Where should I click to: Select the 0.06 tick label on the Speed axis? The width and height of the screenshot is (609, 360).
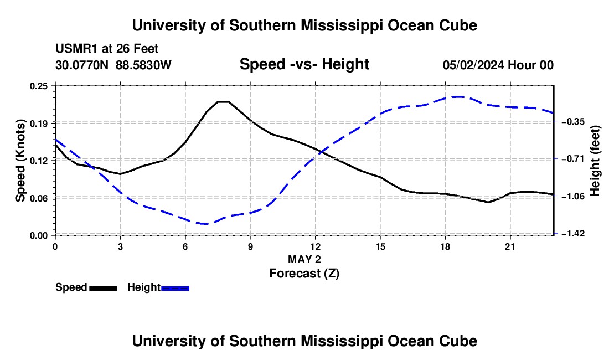(x=38, y=198)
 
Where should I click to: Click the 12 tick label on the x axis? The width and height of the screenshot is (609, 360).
(x=316, y=246)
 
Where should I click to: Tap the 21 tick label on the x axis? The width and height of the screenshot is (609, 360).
(x=510, y=246)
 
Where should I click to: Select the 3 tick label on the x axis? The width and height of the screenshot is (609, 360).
(x=120, y=246)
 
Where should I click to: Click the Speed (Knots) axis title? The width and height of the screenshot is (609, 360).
(x=20, y=161)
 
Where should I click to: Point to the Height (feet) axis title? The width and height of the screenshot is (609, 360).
(x=595, y=161)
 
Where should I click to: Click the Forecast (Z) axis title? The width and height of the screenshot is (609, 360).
(x=304, y=274)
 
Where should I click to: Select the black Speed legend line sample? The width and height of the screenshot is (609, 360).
(x=104, y=288)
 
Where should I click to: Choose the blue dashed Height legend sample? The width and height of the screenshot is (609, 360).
(x=175, y=288)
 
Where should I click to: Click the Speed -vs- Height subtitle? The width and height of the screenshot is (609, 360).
(x=304, y=64)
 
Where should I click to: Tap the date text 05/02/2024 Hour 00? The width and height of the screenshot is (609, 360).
(x=498, y=65)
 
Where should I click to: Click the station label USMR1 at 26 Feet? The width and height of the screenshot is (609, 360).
(x=107, y=49)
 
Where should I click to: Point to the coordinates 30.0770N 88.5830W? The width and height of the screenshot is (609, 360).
(x=113, y=65)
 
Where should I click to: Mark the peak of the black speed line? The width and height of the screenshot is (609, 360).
(x=223, y=102)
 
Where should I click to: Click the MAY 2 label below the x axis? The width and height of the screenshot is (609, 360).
(x=304, y=259)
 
